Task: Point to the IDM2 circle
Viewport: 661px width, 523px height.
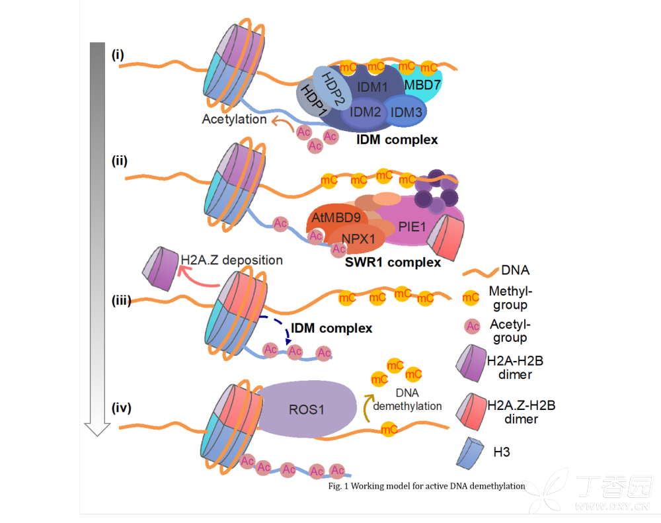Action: (x=365, y=112)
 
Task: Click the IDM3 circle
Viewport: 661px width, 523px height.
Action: (x=405, y=112)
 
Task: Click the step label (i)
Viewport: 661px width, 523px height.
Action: (x=118, y=55)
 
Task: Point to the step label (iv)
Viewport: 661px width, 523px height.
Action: (x=121, y=407)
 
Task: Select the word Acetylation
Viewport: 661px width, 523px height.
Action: (x=234, y=120)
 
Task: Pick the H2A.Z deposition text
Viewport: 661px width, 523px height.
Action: (x=231, y=260)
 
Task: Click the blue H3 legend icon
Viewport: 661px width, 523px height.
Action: (x=471, y=452)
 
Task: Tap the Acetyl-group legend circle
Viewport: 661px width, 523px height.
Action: (x=471, y=326)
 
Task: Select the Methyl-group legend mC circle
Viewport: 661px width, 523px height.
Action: (x=471, y=298)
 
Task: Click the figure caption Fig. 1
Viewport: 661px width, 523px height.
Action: (x=426, y=486)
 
